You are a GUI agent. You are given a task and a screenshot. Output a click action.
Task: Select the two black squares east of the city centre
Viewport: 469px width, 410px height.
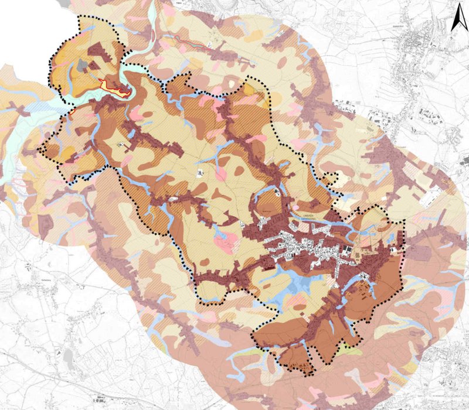click(x=349, y=251)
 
